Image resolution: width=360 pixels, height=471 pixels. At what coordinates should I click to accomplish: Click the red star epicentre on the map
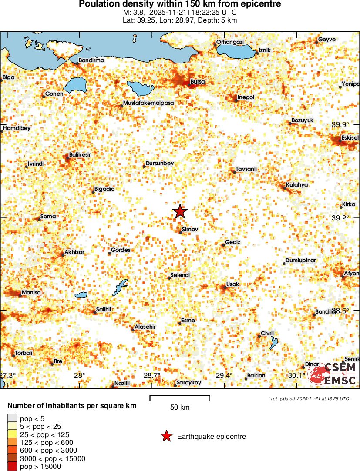pyautogui.click(x=180, y=212)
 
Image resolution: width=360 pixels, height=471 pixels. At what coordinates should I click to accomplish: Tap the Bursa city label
pyautogui.click(x=198, y=82)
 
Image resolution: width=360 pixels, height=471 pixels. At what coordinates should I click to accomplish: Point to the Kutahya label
pyautogui.click(x=297, y=185)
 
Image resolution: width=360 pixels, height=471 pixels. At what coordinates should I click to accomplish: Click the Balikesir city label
pyautogui.click(x=80, y=155)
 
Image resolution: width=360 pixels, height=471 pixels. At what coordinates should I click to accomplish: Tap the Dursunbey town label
pyautogui.click(x=160, y=164)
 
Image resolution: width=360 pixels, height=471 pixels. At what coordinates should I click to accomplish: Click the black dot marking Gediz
pyautogui.click(x=223, y=245)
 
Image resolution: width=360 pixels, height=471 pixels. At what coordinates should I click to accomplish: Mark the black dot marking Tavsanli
pyautogui.click(x=234, y=172)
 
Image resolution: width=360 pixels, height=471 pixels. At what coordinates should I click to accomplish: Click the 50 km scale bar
pyautogui.click(x=180, y=397)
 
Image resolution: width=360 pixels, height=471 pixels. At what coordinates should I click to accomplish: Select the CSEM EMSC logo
pyautogui.click(x=333, y=374)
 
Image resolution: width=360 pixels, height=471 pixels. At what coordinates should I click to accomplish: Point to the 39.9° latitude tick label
pyautogui.click(x=340, y=124)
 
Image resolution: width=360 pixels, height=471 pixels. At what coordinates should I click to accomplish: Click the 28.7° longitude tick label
pyautogui.click(x=152, y=375)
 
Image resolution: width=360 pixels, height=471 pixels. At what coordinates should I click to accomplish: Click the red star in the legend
pyautogui.click(x=166, y=436)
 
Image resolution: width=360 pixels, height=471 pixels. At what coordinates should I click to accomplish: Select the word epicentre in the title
pyautogui.click(x=259, y=4)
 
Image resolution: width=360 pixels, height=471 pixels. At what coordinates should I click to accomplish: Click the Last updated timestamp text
pyautogui.click(x=309, y=398)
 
